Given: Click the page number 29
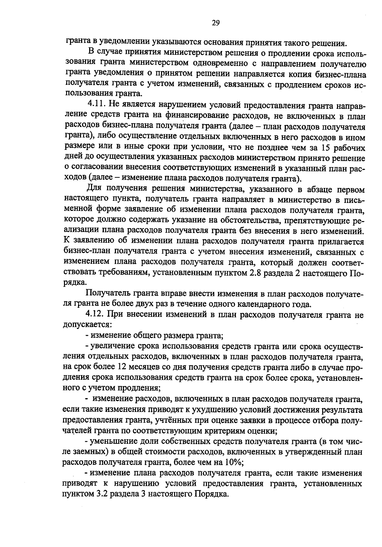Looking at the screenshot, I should (216, 23).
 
